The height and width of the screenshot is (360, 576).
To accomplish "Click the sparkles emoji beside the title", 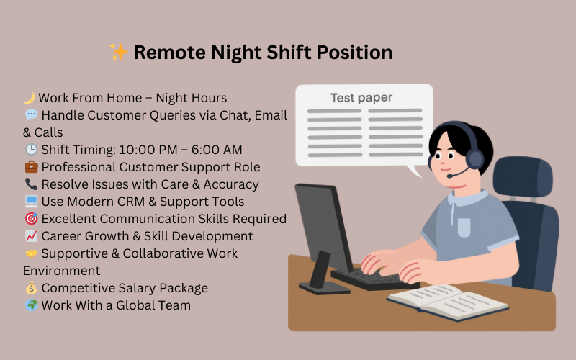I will tap(119, 53).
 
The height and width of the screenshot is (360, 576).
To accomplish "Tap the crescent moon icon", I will tap(30, 98).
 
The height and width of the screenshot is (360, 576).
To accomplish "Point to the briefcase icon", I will tap(31, 167).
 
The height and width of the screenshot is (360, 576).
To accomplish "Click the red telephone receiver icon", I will tap(31, 184).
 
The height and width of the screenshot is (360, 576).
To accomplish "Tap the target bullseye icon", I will tap(31, 219).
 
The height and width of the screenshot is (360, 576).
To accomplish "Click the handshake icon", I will tap(31, 253).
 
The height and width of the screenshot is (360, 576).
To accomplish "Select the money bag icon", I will tap(31, 288).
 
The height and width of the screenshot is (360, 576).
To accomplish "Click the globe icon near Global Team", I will tap(31, 305).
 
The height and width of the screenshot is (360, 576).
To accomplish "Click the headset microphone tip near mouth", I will tap(449, 175).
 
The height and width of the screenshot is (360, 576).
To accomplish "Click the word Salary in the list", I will tap(137, 288).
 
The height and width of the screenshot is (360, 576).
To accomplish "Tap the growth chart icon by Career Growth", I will tap(31, 236).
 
